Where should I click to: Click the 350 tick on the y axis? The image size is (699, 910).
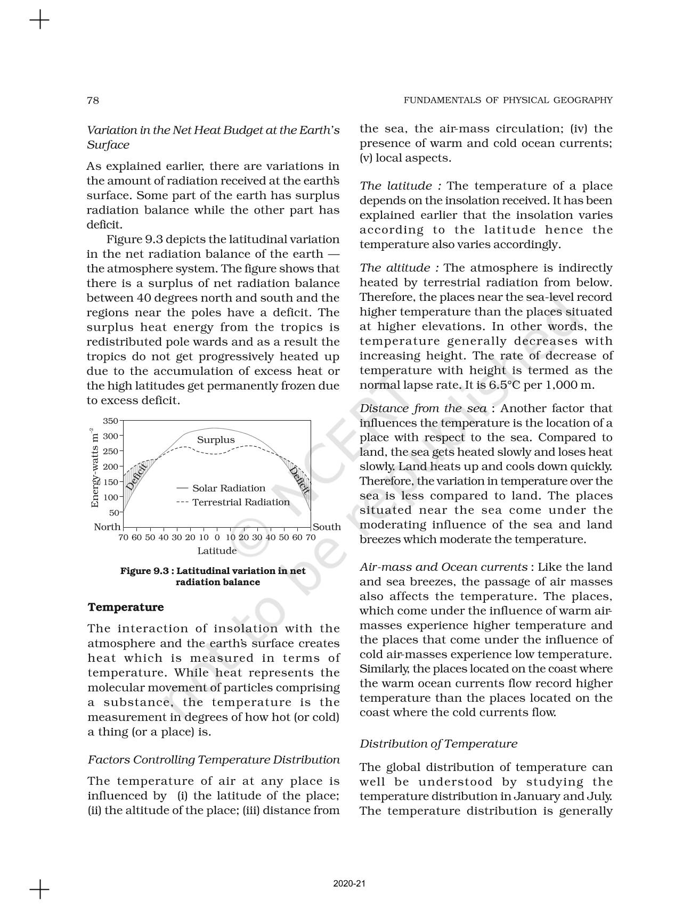click(x=110, y=421)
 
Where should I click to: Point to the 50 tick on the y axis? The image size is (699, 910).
click(x=114, y=513)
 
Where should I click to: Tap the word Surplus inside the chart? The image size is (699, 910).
click(x=216, y=440)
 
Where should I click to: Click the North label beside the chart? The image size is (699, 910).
click(x=107, y=527)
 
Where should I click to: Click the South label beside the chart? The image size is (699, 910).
click(x=327, y=527)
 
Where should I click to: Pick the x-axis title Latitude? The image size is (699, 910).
click(x=217, y=551)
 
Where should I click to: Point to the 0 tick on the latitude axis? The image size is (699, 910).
click(x=217, y=537)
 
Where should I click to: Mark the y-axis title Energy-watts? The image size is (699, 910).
click(x=95, y=468)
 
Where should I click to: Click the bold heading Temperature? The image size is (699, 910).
click(x=126, y=608)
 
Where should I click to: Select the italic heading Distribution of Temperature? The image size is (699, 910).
click(x=438, y=744)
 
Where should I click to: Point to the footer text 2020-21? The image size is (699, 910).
click(x=349, y=884)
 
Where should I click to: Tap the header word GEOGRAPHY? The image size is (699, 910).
click(x=584, y=100)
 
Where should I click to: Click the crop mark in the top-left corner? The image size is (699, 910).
click(x=39, y=21)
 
